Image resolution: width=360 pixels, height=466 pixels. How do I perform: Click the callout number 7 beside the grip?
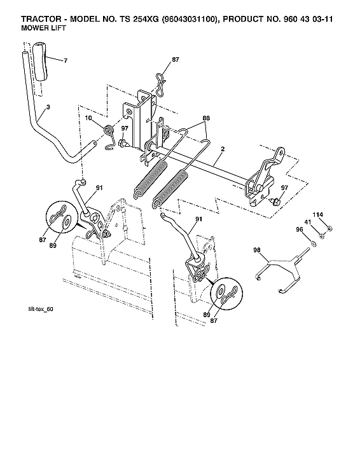click(65, 60)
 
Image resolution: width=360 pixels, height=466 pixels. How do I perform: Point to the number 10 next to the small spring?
click(89, 118)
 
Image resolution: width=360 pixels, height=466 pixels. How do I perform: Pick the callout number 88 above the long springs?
click(205, 118)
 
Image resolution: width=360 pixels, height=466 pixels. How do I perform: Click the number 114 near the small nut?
click(317, 214)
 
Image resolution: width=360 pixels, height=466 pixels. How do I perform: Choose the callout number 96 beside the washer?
click(299, 230)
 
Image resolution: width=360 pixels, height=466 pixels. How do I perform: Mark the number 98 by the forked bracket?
click(257, 250)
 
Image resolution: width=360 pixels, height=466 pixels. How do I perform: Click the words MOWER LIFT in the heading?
click(33, 28)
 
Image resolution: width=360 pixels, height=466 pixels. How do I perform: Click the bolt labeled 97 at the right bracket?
click(275, 200)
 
